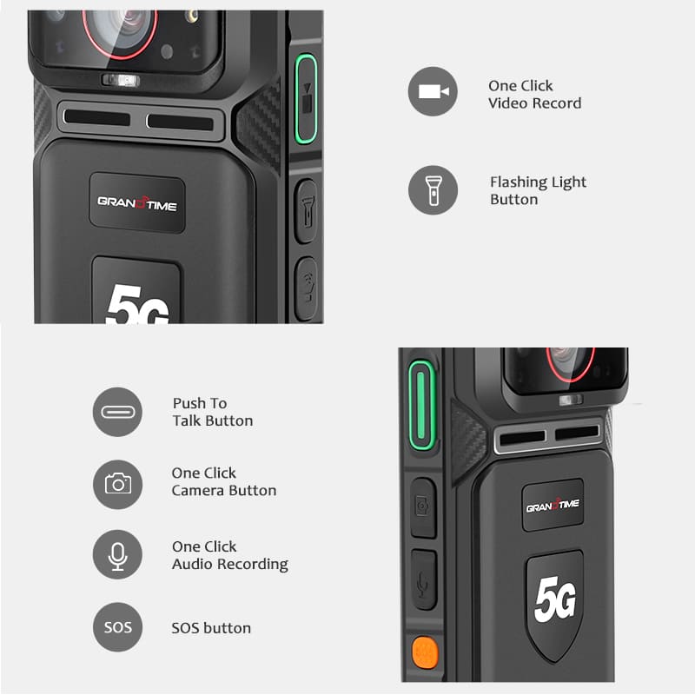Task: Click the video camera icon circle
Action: (x=433, y=92)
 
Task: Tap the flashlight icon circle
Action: (x=433, y=190)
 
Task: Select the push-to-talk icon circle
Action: (x=117, y=412)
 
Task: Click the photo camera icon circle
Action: (x=117, y=485)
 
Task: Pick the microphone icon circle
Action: (x=117, y=554)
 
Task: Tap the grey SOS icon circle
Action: (x=117, y=627)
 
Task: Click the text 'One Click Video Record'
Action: (x=534, y=95)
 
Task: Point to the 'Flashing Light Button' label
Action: (x=538, y=190)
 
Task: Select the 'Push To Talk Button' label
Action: (x=213, y=412)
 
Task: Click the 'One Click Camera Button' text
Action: (x=224, y=482)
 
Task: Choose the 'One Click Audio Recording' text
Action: (x=230, y=555)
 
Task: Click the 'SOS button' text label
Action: (x=211, y=628)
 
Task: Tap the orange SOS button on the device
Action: (x=425, y=653)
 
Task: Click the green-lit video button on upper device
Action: (x=306, y=99)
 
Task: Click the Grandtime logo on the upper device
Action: (x=137, y=203)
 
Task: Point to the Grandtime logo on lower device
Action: (x=553, y=505)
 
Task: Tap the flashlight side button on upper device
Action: (x=306, y=211)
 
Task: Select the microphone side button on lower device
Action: (x=424, y=579)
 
